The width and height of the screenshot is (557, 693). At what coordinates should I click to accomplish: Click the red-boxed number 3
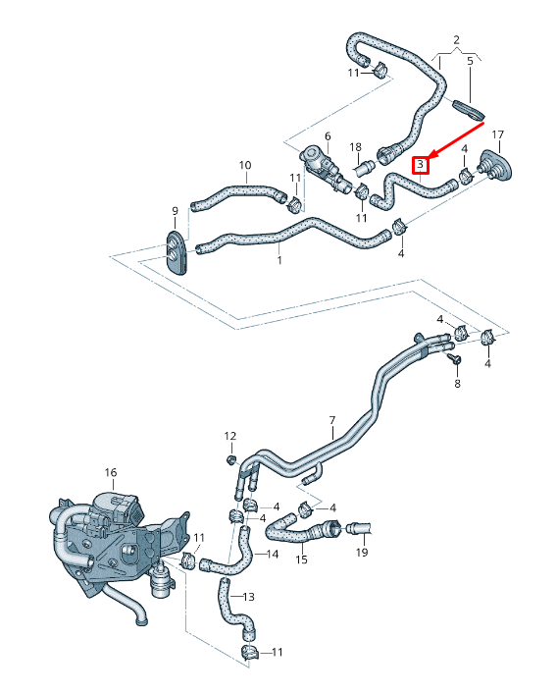(x=420, y=165)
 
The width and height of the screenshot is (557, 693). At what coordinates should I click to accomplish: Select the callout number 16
(x=111, y=473)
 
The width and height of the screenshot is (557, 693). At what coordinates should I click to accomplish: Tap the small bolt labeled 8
(x=455, y=362)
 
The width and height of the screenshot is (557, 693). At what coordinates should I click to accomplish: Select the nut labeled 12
(x=231, y=458)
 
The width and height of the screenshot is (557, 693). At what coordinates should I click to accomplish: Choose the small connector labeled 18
(x=361, y=167)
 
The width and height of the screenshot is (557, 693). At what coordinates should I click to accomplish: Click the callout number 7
(x=332, y=420)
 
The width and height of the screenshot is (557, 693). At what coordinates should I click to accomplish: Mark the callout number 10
(x=245, y=165)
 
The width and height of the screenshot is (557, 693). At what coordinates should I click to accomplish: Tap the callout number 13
(x=248, y=597)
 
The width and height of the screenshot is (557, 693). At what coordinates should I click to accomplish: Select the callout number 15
(x=302, y=560)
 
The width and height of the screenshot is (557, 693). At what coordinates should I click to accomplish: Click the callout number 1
(x=279, y=261)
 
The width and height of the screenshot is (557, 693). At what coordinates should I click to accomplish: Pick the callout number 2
(x=457, y=39)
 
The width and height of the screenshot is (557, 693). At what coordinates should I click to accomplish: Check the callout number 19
(x=361, y=553)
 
